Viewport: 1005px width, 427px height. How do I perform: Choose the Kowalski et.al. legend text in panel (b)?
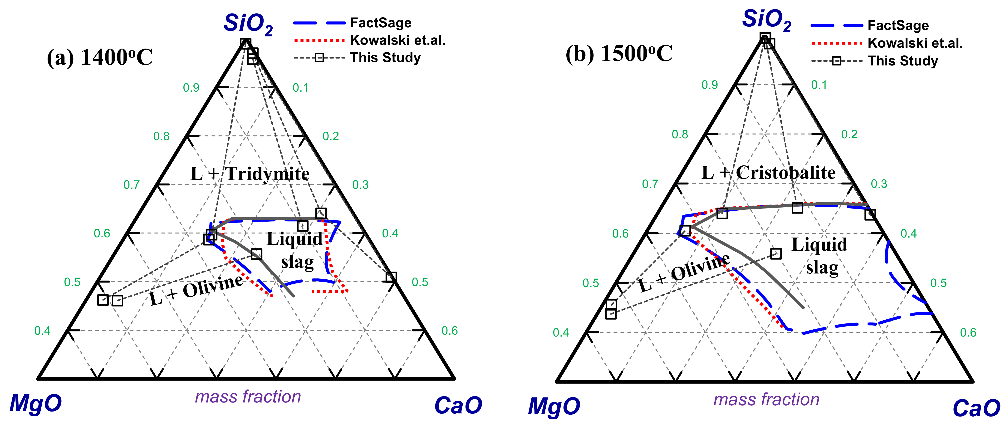915,43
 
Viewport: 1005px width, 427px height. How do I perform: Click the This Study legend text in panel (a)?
385,58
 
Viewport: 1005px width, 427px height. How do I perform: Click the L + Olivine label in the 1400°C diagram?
196,291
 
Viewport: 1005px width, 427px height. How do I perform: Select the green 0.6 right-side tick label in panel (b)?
968,333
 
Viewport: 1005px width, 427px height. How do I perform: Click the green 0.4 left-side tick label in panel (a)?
42,331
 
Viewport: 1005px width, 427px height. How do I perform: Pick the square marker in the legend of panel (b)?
836,61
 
